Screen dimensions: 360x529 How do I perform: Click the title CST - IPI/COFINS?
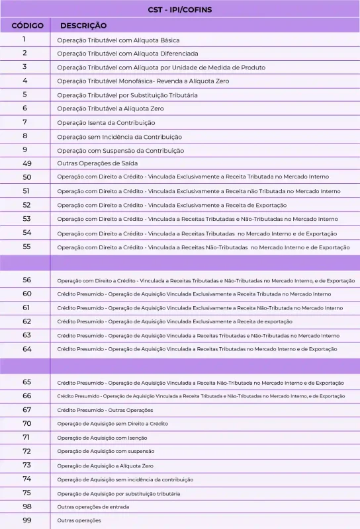[x=180, y=10]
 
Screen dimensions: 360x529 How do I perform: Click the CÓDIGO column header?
[x=27, y=26]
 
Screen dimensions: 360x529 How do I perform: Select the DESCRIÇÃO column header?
[x=83, y=26]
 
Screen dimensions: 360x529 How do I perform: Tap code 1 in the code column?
[x=24, y=40]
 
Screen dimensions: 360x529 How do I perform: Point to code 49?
[x=26, y=163]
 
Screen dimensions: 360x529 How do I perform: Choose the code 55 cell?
[x=26, y=247]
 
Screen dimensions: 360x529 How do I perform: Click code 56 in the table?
[x=26, y=280]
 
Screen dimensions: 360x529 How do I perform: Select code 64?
[x=26, y=348]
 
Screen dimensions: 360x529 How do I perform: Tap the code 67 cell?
[x=26, y=409]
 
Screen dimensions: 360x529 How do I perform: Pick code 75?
[x=26, y=493]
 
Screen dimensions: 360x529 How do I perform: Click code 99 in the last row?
[x=26, y=520]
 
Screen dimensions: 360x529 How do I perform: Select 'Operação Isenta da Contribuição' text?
[x=106, y=123]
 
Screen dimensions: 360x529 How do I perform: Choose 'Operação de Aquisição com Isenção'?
[x=102, y=438]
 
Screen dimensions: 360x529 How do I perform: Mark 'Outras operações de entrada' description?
[x=93, y=507]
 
